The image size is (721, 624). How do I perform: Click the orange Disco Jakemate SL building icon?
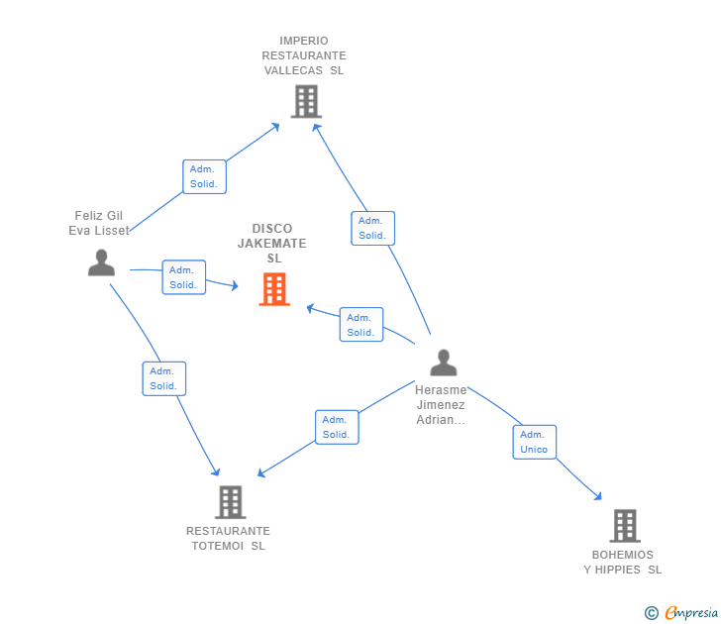click(x=274, y=289)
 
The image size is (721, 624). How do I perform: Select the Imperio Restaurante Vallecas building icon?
click(x=306, y=101)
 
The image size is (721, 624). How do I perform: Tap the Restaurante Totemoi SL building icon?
click(x=230, y=502)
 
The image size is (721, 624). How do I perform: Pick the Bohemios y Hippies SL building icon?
click(x=624, y=526)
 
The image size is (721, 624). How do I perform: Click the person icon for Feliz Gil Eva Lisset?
click(x=101, y=262)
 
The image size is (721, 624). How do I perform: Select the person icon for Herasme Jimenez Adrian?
click(x=443, y=363)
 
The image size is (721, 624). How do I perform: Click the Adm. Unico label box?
click(x=534, y=442)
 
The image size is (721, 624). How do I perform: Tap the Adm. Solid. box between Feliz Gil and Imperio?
click(x=205, y=176)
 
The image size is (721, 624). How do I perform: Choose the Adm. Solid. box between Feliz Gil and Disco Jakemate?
click(x=183, y=277)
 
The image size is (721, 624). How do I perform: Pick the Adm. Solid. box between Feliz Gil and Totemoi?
click(x=163, y=378)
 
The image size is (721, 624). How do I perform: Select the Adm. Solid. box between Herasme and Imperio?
click(x=372, y=228)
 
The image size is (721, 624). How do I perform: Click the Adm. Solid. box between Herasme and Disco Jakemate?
click(x=360, y=325)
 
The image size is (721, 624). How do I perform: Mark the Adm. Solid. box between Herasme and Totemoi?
click(x=337, y=427)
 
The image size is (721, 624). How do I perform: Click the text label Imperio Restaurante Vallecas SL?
click(x=304, y=55)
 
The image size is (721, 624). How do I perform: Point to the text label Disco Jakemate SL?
click(x=272, y=243)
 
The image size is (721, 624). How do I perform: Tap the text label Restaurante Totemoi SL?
click(x=228, y=538)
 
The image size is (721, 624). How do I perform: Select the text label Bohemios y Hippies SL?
click(x=623, y=562)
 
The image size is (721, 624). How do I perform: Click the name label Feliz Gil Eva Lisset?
click(x=99, y=223)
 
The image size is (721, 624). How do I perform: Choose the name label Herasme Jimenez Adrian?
click(x=441, y=404)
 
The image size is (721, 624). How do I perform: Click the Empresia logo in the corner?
click(x=682, y=613)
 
